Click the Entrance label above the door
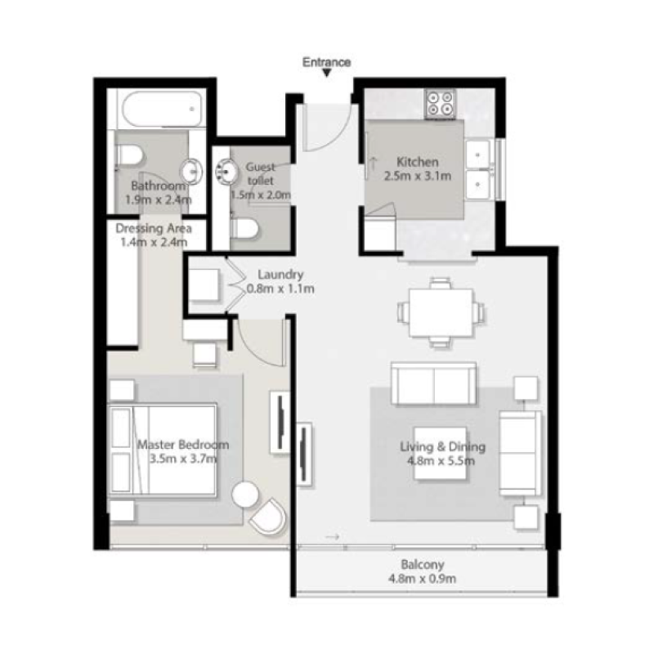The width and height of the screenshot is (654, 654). (x=326, y=62)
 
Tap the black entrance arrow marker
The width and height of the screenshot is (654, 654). (x=327, y=74)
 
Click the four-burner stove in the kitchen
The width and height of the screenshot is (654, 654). (x=441, y=104)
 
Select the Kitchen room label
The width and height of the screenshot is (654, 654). (x=418, y=162)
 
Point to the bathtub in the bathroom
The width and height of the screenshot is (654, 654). (x=162, y=109)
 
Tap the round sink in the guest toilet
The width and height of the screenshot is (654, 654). (x=226, y=172)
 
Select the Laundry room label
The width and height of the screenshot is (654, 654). (x=280, y=275)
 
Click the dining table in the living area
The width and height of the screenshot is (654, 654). (x=441, y=312)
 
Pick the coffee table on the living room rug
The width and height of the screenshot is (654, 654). (x=440, y=453)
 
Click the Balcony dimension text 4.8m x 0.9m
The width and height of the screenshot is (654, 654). (x=422, y=579)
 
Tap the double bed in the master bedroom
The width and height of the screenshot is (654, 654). (x=162, y=450)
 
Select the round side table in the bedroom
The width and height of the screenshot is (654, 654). (x=245, y=495)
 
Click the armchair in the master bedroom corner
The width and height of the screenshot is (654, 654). (x=268, y=517)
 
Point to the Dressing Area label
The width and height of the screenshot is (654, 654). (x=154, y=229)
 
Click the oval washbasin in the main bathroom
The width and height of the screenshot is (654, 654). (x=191, y=172)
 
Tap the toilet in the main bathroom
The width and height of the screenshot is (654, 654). (x=129, y=155)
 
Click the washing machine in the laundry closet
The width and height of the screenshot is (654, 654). (x=204, y=284)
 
